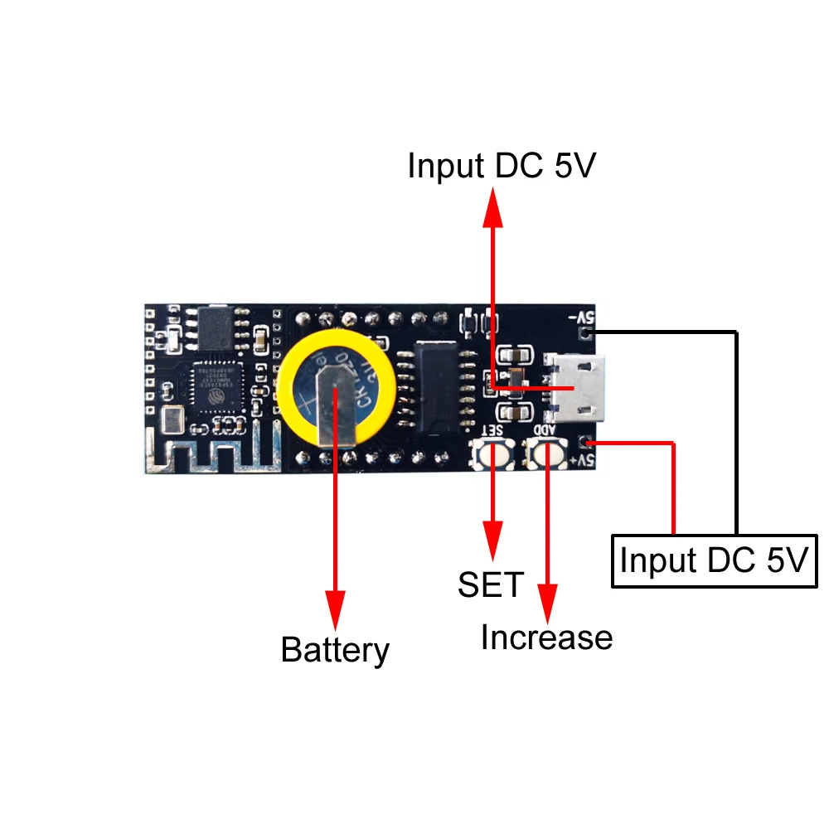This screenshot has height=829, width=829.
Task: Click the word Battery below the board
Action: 335,650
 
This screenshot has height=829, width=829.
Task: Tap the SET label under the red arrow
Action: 491,584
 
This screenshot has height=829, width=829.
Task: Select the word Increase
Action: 546,638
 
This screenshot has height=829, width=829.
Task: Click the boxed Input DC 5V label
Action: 714,560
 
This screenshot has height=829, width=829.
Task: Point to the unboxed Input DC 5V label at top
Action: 502,167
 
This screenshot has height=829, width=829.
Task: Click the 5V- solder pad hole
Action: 587,333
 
